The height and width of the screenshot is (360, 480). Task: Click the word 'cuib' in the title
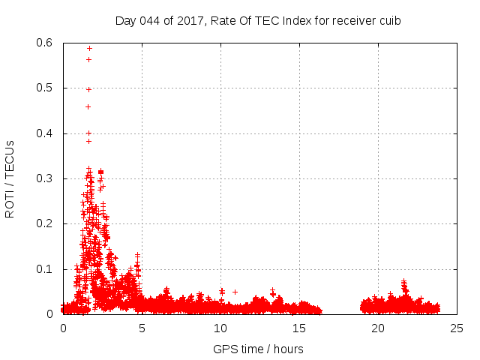tap(389, 20)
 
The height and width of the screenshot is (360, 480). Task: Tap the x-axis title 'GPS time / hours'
tap(258, 349)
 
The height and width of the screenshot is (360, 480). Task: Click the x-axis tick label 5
tap(142, 328)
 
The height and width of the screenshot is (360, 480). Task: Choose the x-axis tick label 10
tap(220, 328)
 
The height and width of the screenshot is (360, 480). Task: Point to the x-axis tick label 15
tap(299, 328)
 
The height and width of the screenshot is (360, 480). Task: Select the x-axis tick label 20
tap(378, 328)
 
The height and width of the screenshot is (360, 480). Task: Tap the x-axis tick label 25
tap(457, 328)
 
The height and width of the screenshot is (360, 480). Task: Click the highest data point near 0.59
tap(89, 48)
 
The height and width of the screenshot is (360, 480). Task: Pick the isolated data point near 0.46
tap(88, 106)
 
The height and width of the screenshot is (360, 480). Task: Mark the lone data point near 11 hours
tap(235, 292)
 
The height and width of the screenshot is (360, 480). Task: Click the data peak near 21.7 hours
tap(403, 282)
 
